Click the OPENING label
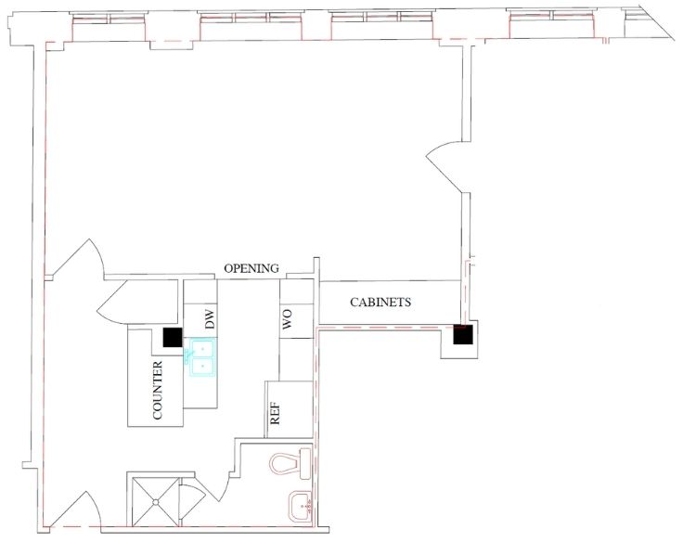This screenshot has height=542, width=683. point(251,268)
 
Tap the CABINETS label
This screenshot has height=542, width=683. point(380,302)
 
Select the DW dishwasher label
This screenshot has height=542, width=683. point(210,319)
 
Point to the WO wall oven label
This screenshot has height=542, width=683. point(288,319)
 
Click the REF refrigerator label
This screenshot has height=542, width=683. point(276,413)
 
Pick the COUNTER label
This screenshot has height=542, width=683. point(157,391)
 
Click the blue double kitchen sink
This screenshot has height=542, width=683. point(200,357)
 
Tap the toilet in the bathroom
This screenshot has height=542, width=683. point(290,463)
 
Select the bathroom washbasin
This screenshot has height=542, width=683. point(300,505)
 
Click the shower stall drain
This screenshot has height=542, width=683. point(156,502)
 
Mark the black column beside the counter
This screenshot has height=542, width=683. point(173,337)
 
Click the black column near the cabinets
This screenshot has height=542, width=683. point(462,334)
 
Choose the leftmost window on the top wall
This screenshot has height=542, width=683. point(108,19)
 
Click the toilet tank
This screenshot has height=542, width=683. point(305,463)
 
